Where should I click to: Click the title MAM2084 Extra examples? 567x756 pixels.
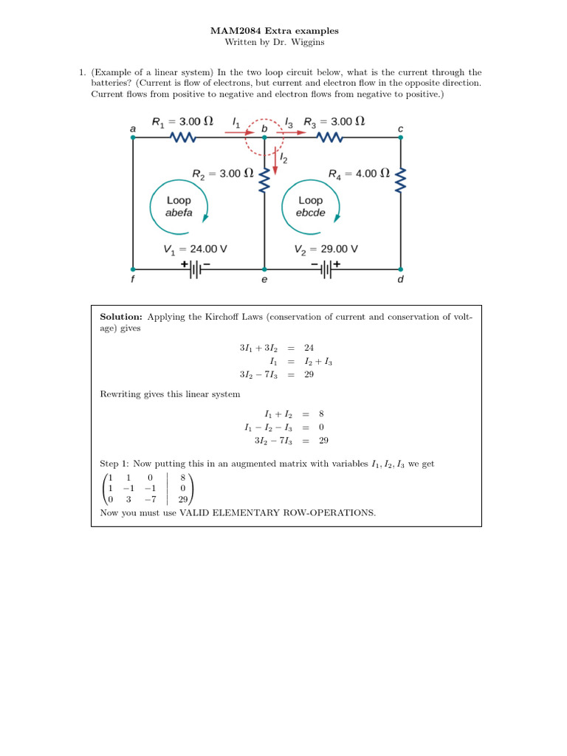[283, 31]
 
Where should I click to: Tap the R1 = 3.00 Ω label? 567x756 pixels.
[182, 122]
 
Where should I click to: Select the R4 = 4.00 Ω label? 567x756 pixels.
[358, 173]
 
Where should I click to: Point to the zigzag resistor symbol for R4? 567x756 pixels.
[401, 177]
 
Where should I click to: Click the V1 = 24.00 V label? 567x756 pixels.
[195, 250]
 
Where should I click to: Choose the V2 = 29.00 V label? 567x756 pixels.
[326, 250]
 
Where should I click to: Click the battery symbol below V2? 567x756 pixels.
[326, 269]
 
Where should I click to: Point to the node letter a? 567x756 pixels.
[133, 128]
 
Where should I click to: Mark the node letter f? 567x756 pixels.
[133, 281]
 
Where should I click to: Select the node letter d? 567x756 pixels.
[401, 281]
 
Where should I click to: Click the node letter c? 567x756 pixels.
[401, 128]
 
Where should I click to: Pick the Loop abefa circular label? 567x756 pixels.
[179, 206]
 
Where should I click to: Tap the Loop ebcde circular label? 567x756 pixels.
[311, 206]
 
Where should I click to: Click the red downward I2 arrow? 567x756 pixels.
[275, 162]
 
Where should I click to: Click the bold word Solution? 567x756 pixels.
[121, 317]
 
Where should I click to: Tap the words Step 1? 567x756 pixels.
[114, 464]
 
